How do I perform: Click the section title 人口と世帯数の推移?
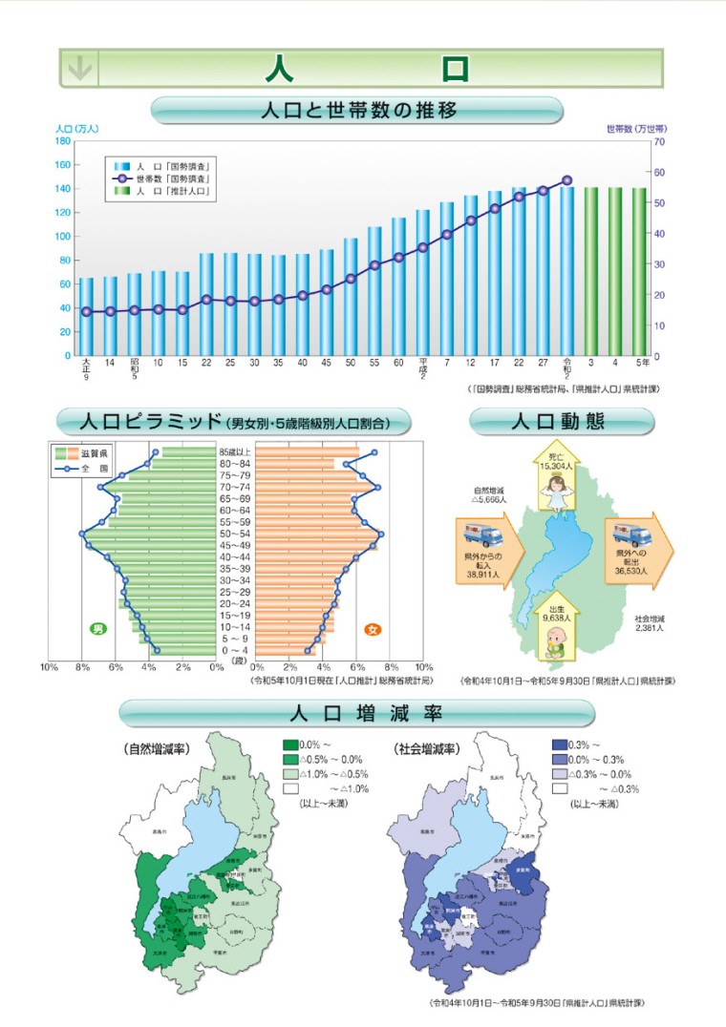pos(358,111)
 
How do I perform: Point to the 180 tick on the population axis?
pos(64,140)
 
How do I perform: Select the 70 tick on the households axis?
pos(660,141)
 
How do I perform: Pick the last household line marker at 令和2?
pos(567,179)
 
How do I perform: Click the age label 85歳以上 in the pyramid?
pos(236,452)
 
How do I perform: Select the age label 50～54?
pos(236,534)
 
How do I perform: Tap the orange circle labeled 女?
pos(373,629)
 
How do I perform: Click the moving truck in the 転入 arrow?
pos(483,537)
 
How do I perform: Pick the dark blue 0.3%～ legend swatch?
pos(559,744)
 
